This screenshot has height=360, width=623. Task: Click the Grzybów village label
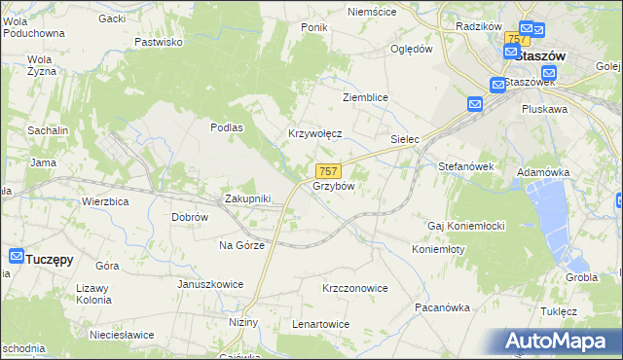[333, 186]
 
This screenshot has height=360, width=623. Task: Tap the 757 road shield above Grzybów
[328, 171]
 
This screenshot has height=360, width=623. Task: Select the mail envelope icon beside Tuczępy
[16, 257]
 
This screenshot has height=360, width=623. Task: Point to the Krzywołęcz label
[313, 134]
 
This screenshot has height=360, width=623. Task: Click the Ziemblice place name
[365, 98]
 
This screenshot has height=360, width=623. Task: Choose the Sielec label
[404, 140]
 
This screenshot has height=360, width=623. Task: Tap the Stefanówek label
[466, 166]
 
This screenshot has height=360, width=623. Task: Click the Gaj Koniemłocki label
[465, 226]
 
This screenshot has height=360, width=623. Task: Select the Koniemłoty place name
[438, 248]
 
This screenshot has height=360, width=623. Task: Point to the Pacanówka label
[442, 307]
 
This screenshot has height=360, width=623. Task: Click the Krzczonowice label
[355, 288]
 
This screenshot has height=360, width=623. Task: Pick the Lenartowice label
[320, 323]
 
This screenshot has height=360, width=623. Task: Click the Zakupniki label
[247, 198]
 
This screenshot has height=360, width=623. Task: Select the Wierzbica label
[106, 201]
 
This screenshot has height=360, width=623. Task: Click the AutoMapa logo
[556, 342]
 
